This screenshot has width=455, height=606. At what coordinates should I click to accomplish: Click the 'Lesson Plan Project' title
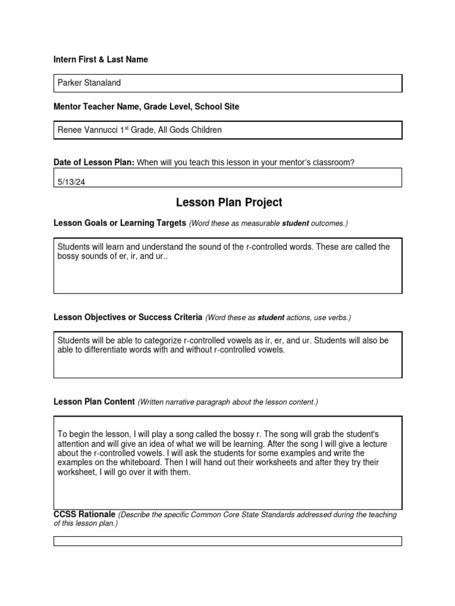click(229, 203)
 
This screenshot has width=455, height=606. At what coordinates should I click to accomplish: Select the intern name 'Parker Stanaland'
click(89, 83)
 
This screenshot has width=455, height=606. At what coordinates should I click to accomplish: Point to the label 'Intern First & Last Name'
click(101, 60)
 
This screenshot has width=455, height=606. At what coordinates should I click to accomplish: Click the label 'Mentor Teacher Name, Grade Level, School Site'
click(146, 107)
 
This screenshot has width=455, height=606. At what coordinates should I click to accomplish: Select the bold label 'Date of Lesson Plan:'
click(94, 163)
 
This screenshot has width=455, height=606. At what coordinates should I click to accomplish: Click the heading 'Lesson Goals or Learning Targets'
click(120, 223)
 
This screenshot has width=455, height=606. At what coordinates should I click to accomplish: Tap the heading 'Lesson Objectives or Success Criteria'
click(128, 317)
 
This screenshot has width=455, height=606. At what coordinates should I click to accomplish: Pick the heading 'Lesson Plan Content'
click(94, 402)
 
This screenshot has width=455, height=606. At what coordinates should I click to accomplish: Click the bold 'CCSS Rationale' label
click(85, 514)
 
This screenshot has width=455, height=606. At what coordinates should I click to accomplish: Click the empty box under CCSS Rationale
click(227, 541)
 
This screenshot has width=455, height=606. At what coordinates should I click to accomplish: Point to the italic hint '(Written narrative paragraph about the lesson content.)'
click(228, 402)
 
